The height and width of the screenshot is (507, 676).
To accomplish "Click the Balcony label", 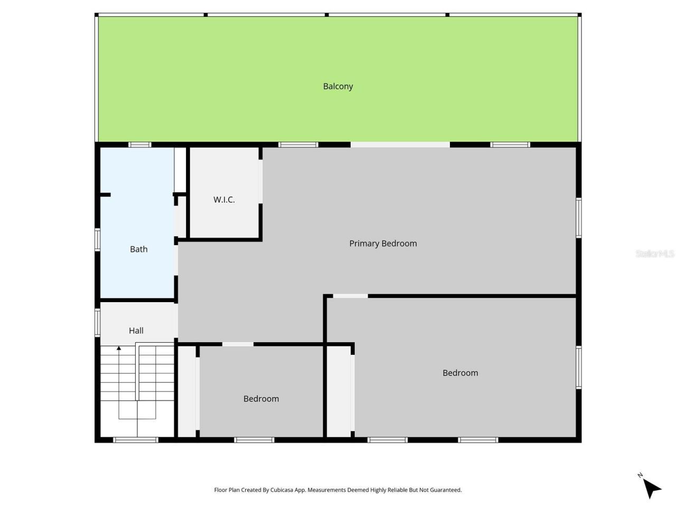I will tap(338, 86).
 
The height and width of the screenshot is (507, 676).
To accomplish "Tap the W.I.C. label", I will tap(224, 200).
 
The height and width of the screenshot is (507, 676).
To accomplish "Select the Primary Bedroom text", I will tap(383, 243).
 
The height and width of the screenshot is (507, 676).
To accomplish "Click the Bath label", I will tap(139, 249).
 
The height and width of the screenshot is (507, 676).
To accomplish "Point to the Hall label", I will tap(136, 331).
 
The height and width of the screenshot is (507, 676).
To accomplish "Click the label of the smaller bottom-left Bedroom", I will tap(261, 399).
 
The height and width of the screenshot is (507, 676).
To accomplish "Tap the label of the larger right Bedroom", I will tap(460, 373).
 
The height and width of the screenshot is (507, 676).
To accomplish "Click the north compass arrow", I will tap(652, 487).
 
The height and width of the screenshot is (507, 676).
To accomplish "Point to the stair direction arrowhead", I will tap(119, 348).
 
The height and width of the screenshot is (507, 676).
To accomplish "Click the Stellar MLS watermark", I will tap(654, 254).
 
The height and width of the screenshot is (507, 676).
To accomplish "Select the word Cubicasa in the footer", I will tap(283, 490).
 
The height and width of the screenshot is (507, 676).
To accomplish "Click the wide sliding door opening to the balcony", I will tap(400, 145).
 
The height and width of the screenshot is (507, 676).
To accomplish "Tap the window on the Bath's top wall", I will tap(140, 145).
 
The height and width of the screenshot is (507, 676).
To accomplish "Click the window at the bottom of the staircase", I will tap(136, 439).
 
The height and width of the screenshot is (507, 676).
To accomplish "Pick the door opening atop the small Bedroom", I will tap(238, 344).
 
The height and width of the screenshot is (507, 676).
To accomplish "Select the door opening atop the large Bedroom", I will tap(350, 296).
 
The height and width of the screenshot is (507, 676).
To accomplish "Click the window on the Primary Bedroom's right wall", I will tap(579, 218).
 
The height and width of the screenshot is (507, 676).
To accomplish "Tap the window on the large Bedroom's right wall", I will tap(579, 367).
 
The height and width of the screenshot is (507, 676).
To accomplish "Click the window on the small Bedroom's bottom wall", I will tap(254, 439).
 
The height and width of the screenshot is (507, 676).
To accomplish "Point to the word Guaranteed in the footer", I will tap(446, 490).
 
